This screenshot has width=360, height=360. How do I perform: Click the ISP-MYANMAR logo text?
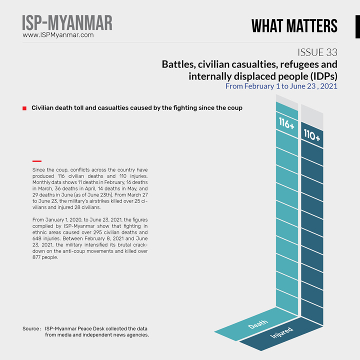[67, 22]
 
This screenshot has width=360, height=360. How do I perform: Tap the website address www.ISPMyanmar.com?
[58, 35]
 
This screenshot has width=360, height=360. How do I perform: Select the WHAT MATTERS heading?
[294, 25]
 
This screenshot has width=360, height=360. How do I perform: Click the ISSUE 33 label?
[317, 52]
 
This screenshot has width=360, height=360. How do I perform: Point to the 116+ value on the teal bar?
[286, 123]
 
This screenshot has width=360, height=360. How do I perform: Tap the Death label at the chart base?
[257, 324]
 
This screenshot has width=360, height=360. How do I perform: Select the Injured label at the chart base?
[281, 333]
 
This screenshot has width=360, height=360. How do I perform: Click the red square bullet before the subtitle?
[24, 108]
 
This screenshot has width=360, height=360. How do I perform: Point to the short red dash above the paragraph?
[36, 161]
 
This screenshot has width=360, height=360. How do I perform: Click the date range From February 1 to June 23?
[281, 86]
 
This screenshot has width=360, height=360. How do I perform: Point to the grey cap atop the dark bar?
[312, 116]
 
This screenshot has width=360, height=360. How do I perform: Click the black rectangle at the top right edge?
[357, 25]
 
